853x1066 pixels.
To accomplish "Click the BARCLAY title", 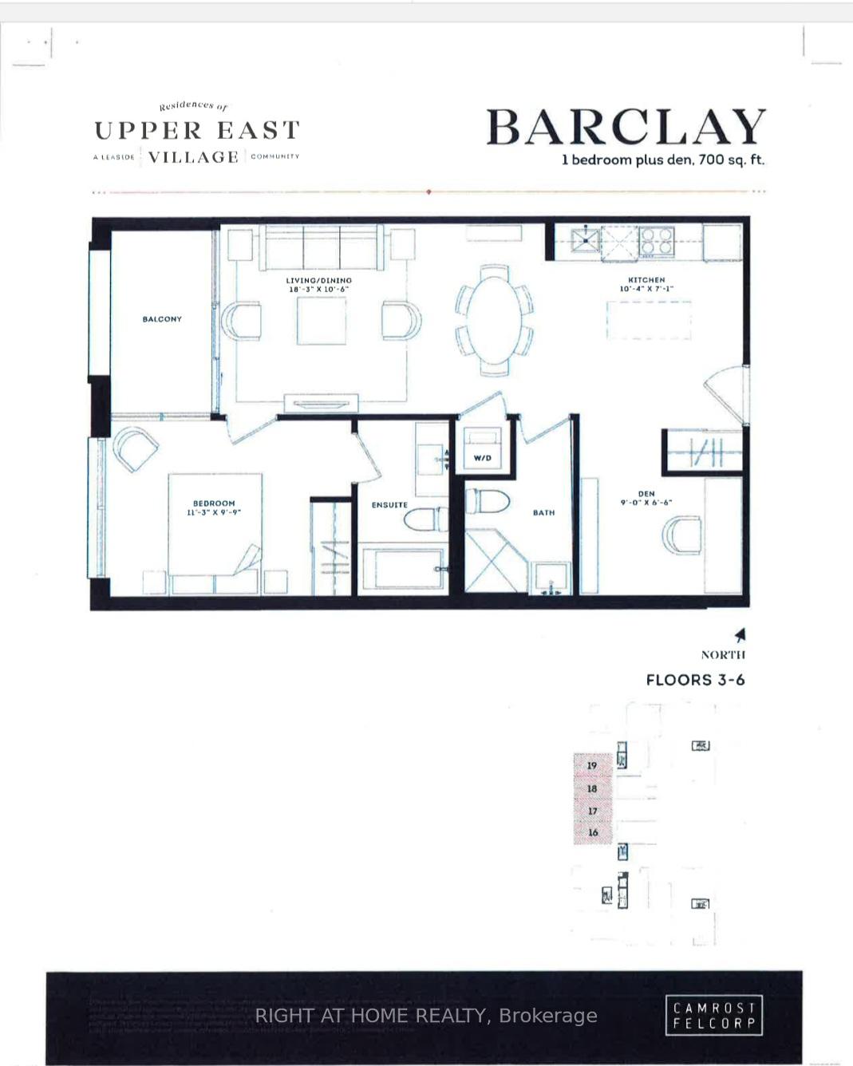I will (x=626, y=128).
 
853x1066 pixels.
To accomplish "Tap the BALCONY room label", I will (x=162, y=319).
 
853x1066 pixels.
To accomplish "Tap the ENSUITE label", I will (x=389, y=505).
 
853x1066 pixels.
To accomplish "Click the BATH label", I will (x=543, y=513).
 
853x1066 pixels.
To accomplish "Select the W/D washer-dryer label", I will (x=482, y=458).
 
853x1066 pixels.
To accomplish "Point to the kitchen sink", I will (x=586, y=239).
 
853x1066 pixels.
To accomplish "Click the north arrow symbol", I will (x=740, y=635).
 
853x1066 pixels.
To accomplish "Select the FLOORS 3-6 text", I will (x=695, y=680).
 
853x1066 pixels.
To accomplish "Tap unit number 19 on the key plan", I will (x=592, y=765).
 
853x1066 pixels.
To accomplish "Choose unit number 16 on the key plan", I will (x=593, y=832).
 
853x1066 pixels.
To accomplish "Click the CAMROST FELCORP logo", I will (x=713, y=1016).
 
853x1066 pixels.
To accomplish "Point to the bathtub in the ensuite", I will (x=402, y=568).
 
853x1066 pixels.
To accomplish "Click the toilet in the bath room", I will (x=487, y=501).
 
